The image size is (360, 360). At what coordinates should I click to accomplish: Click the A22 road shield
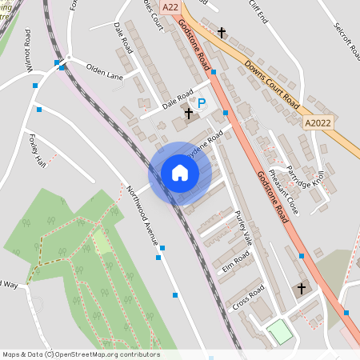[170, 6]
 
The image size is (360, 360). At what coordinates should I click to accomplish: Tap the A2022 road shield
[317, 123]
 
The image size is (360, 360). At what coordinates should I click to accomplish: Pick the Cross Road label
[248, 302]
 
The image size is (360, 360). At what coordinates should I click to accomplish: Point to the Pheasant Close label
[283, 191]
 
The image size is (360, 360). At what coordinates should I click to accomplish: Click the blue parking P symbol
[202, 103]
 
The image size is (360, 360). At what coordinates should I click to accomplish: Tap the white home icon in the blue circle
[180, 173]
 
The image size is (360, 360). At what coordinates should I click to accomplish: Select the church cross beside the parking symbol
[188, 114]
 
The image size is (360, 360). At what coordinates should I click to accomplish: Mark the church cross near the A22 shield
[222, 33]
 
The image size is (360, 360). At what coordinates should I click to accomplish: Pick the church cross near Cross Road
[302, 289]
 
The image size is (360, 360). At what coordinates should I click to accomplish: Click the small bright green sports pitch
[278, 331]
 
